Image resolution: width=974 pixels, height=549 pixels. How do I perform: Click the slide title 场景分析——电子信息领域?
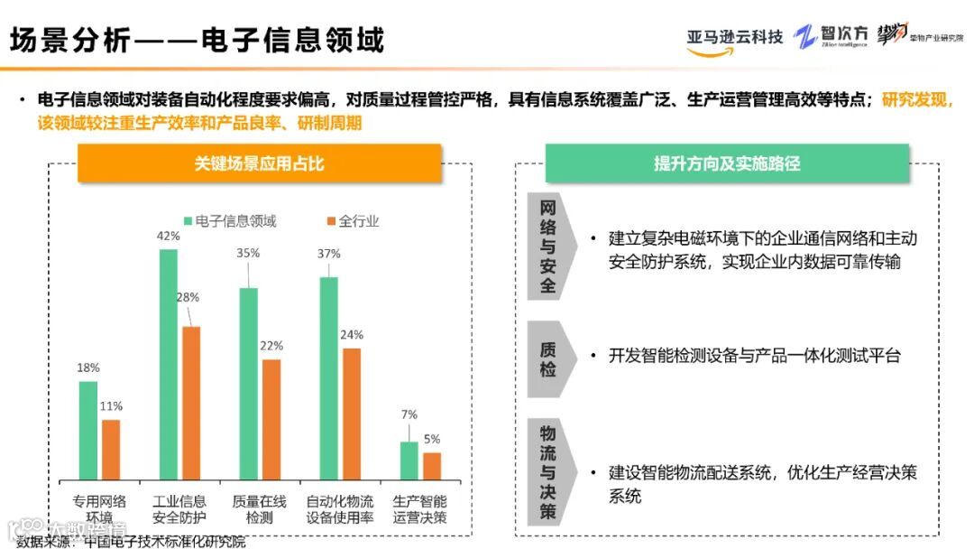[x=197, y=40]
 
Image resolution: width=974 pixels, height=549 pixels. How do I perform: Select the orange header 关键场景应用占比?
[x=260, y=163]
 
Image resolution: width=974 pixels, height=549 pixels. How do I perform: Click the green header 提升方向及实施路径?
[x=727, y=163]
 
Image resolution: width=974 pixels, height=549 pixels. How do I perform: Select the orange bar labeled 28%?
[x=191, y=403]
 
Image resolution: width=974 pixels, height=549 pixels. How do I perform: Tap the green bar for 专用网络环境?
[x=87, y=430]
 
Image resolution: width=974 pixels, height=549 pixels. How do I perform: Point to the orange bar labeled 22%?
[x=271, y=419]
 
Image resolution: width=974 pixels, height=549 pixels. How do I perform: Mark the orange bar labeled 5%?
[x=432, y=465]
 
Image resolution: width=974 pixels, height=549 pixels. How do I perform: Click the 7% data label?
[x=409, y=414]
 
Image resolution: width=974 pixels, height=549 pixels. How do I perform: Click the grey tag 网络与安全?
[x=547, y=245]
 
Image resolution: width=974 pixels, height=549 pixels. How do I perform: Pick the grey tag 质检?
[x=547, y=358]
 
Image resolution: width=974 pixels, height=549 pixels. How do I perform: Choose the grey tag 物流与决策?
[x=547, y=471]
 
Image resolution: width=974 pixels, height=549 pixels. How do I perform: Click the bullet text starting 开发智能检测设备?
[x=754, y=356]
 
